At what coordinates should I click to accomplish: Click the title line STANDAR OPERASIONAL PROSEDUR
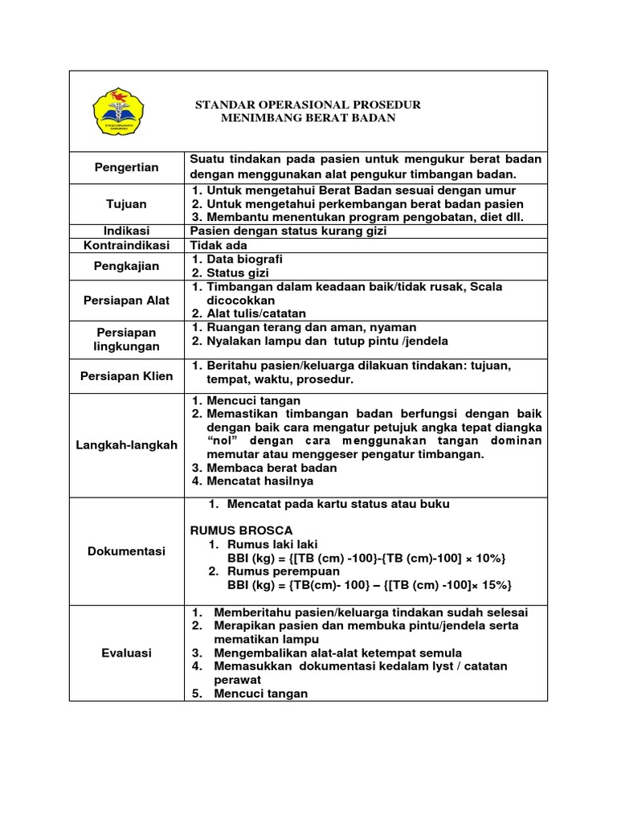click(308, 105)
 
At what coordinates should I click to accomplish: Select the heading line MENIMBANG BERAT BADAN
click(308, 118)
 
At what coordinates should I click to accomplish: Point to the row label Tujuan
click(127, 204)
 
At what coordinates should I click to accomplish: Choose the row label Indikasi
click(127, 231)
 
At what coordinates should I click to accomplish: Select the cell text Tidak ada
click(219, 245)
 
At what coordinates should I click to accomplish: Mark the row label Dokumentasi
click(127, 551)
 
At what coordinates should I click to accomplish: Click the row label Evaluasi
click(127, 653)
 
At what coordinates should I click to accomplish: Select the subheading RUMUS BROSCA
click(241, 530)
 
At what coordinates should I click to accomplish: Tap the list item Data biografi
click(244, 259)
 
